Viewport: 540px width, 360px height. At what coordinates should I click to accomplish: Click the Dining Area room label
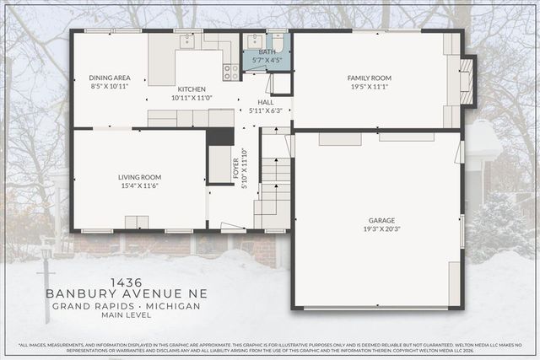pyautogui.click(x=109, y=78)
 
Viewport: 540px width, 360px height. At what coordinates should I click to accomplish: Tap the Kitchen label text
pyautogui.click(x=192, y=89)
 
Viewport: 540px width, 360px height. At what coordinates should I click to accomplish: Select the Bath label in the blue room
pyautogui.click(x=267, y=51)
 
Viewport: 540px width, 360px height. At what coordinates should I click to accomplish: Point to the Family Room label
pyautogui.click(x=371, y=78)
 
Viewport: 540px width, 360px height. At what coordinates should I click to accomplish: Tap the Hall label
pyautogui.click(x=266, y=101)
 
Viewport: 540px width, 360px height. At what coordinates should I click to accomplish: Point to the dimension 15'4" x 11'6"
pyautogui.click(x=139, y=185)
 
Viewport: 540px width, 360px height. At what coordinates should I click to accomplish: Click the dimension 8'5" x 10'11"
pyautogui.click(x=109, y=86)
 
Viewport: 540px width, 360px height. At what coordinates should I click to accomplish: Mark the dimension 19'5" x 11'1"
pyautogui.click(x=371, y=86)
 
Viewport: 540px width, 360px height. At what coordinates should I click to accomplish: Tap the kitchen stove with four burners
pyautogui.click(x=230, y=72)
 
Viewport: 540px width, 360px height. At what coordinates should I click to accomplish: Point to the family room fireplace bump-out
pyautogui.click(x=467, y=81)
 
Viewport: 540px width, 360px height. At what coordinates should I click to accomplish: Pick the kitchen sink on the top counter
pyautogui.click(x=187, y=40)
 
